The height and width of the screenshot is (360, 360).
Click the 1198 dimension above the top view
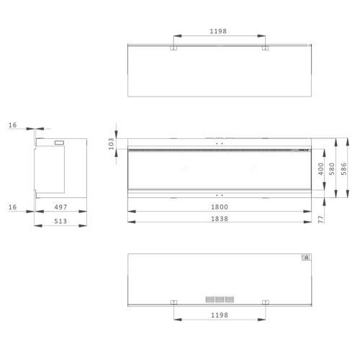pos(218,31)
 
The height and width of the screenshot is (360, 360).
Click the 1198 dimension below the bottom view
pos(220,315)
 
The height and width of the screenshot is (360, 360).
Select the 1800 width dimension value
pos(220,207)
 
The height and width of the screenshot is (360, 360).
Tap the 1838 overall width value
pos(220,219)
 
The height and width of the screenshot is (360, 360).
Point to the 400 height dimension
pos(320,168)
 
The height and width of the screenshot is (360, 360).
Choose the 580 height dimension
pos(332,168)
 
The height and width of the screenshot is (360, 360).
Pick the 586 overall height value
pos(343,168)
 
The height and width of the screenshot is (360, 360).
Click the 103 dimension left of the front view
pos(111,144)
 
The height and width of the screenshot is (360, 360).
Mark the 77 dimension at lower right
pos(320,220)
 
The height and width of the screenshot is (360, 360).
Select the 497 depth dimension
pos(60,207)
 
